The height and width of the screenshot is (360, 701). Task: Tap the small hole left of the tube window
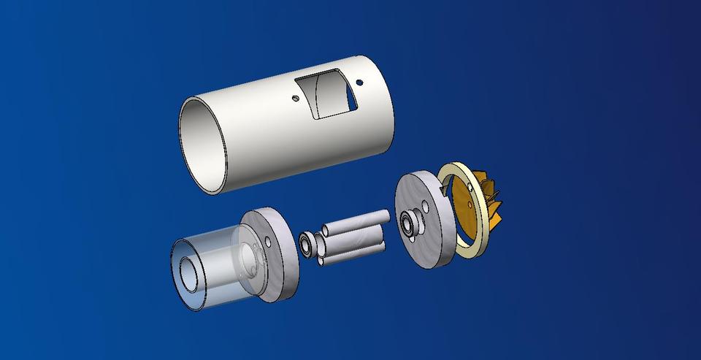(x=295, y=97)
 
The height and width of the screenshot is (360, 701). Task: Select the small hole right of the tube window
(x=359, y=83)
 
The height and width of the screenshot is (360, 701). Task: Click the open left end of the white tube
(x=203, y=146)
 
